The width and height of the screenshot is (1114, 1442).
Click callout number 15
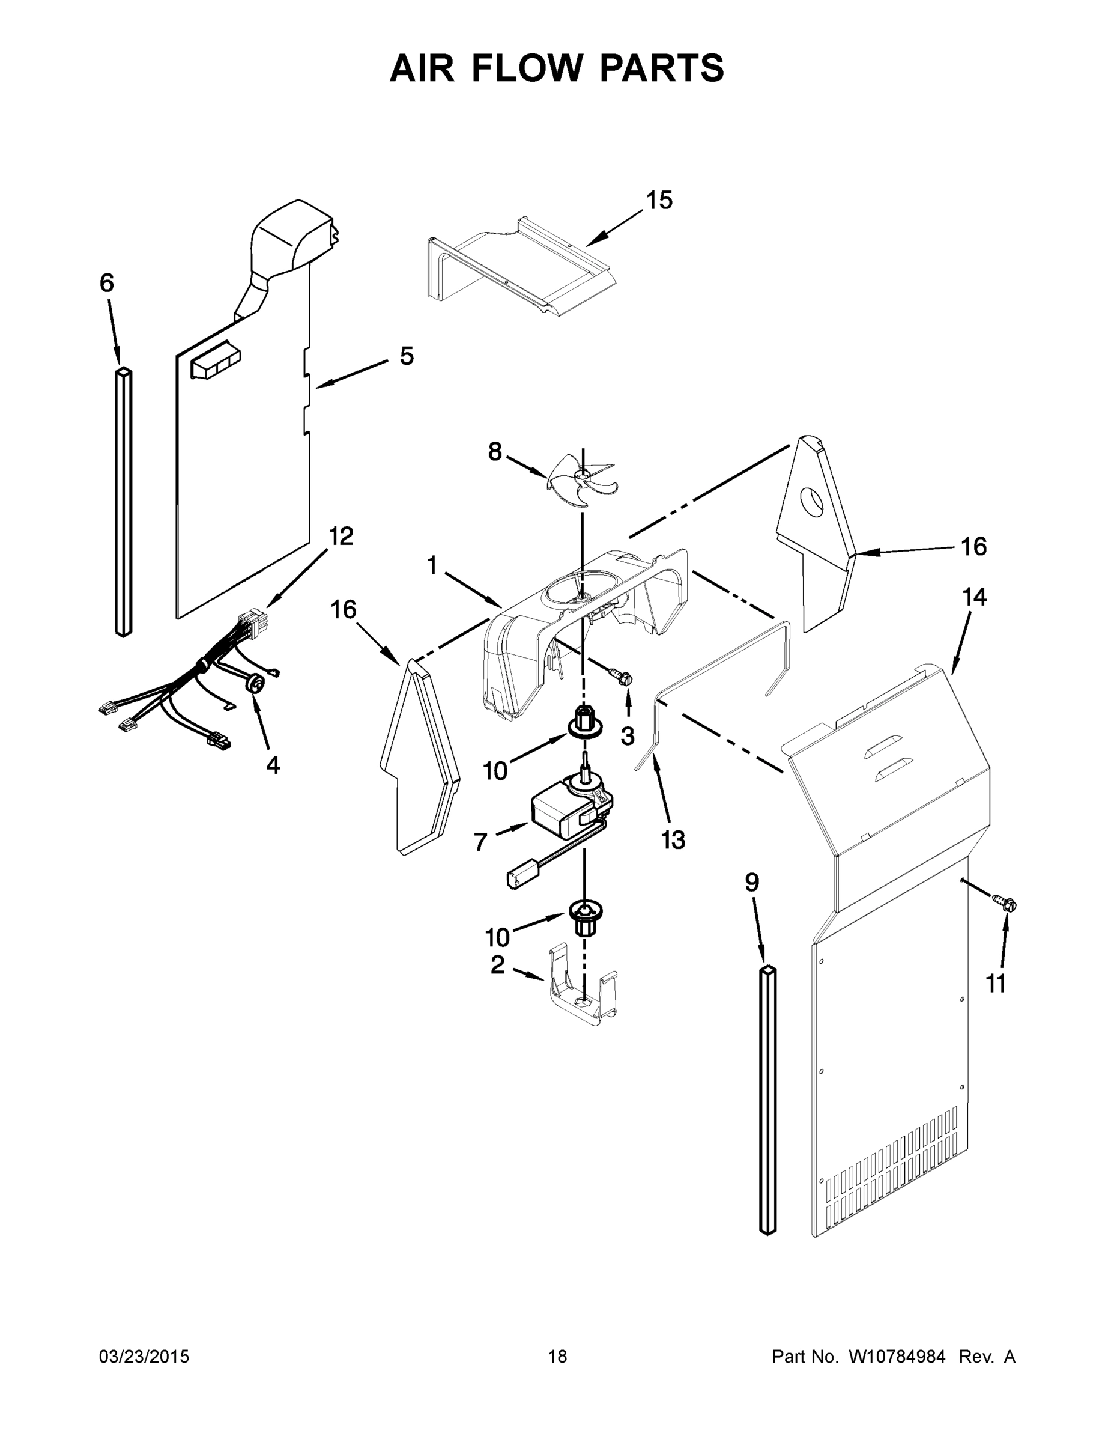[x=659, y=200]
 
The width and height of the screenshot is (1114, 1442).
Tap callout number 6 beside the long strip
[x=107, y=283]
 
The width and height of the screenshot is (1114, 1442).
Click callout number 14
[x=973, y=598]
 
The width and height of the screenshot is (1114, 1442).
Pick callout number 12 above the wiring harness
[x=341, y=536]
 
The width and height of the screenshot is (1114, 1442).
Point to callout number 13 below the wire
[x=673, y=841]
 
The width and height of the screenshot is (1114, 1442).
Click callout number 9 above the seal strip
[x=752, y=882]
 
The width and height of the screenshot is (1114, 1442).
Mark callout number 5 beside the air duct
[x=407, y=356]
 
